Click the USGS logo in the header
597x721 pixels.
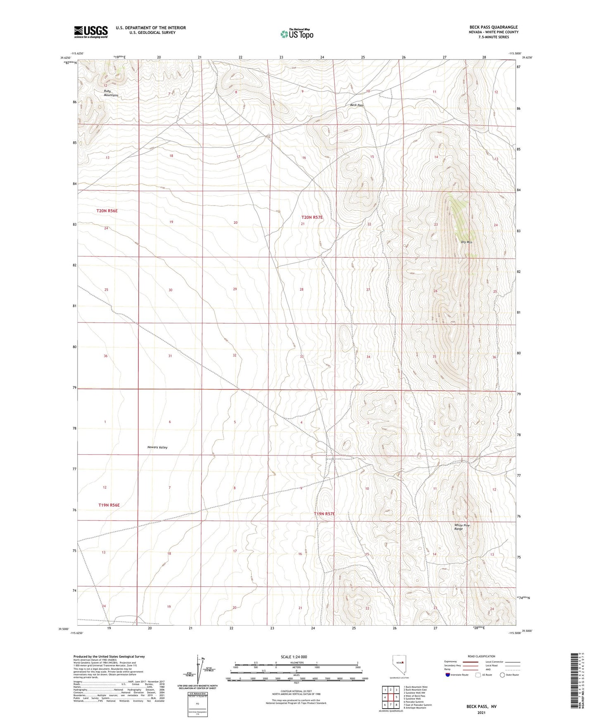pos(91,32)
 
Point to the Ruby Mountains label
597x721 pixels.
pos(111,93)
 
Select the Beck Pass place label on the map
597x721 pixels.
pos(357,105)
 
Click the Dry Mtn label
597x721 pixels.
pos(466,242)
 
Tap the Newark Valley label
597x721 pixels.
pos(157,447)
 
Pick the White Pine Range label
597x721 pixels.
pos(461,527)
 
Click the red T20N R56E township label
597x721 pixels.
pos(107,211)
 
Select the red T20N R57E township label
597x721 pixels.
pos(312,217)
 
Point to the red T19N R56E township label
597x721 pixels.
pos(109,505)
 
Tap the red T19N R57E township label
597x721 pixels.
pos(324,514)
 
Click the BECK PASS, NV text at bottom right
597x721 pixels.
pos(481,707)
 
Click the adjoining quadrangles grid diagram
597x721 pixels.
pos(390,698)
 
